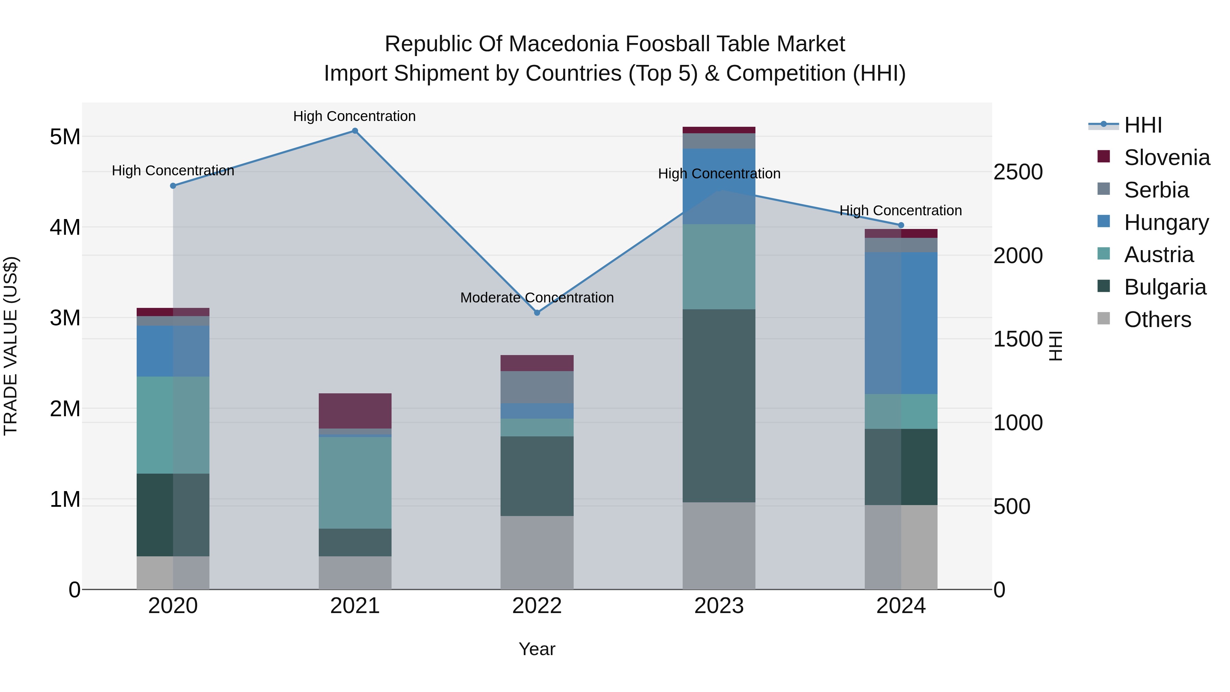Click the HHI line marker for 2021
pos(355,131)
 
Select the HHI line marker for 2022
pos(537,313)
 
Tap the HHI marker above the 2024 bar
pos(901,225)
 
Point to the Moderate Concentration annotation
pos(537,298)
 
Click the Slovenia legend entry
pos(1166,158)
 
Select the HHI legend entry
pos(1143,125)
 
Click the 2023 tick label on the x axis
pos(719,606)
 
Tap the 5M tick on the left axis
pos(65,137)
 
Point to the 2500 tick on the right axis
pos(1018,172)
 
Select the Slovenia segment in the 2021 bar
pos(355,411)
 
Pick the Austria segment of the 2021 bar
pos(355,482)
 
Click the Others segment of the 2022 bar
pos(537,552)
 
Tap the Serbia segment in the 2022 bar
pos(537,387)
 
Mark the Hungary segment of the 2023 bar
pos(719,186)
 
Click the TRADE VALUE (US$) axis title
pos(11,346)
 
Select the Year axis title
pos(537,649)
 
